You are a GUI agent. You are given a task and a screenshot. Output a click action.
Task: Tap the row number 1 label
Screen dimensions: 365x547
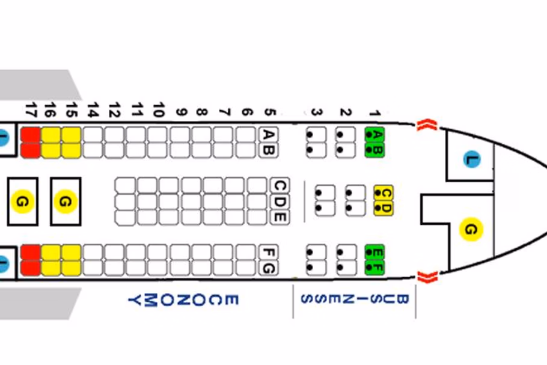click(373, 112)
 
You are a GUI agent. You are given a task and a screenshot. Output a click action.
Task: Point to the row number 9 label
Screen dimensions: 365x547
click(180, 112)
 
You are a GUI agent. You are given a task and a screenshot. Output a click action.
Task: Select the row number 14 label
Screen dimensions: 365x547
click(92, 111)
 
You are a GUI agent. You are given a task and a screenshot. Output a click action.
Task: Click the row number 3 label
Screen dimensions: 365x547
click(316, 112)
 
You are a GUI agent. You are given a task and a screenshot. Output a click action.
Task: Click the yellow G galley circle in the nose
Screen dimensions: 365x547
click(471, 229)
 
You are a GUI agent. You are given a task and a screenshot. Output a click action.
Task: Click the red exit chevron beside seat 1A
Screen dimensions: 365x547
click(425, 125)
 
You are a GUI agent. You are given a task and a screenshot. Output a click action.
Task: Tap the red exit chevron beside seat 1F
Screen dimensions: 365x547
click(426, 277)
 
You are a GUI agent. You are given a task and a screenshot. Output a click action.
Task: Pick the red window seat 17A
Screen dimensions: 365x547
click(29, 134)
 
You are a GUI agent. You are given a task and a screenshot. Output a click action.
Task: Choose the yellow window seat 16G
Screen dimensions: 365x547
click(50, 268)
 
